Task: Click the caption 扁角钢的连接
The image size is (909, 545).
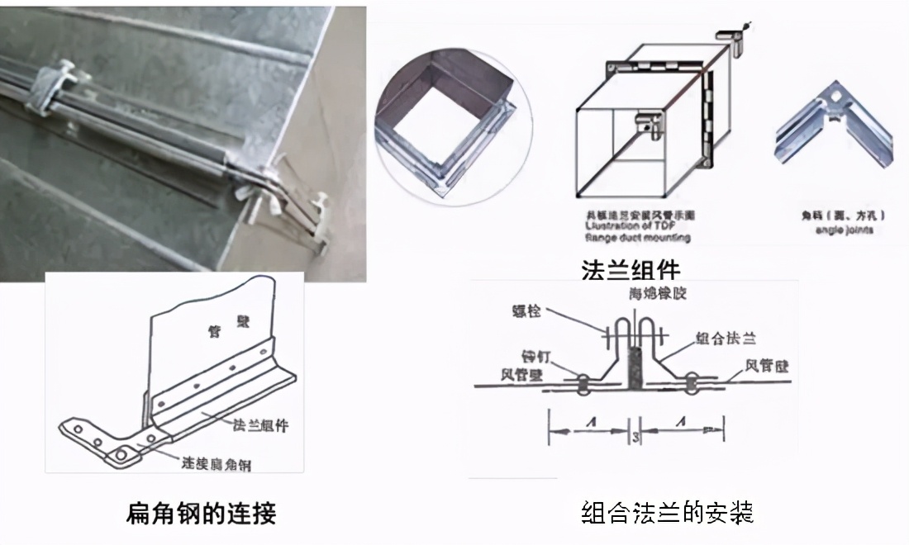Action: (201, 513)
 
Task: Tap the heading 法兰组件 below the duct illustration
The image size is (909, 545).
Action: (630, 270)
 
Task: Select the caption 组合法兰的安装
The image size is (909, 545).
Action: (667, 513)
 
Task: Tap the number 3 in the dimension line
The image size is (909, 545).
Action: (633, 437)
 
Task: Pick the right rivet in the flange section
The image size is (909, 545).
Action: (690, 381)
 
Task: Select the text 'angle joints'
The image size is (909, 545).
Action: (841, 230)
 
